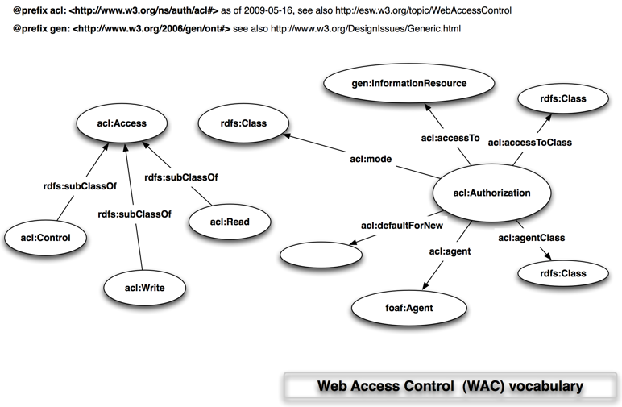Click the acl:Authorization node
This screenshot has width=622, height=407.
[491, 193]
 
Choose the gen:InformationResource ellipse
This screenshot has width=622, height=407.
[397, 84]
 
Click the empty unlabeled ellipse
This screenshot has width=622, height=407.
[321, 255]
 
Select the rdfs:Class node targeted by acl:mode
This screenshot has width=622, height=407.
[243, 124]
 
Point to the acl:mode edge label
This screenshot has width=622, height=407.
[371, 160]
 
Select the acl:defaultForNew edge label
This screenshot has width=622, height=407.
[402, 226]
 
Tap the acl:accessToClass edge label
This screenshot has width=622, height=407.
[530, 143]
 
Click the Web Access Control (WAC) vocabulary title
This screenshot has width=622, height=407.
[449, 386]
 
